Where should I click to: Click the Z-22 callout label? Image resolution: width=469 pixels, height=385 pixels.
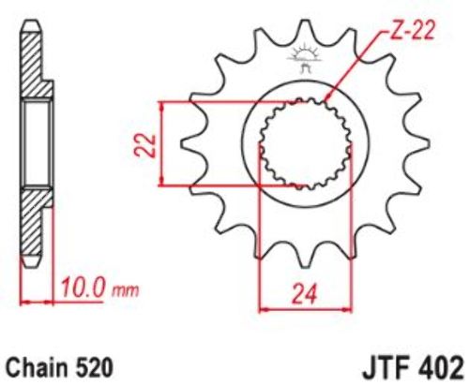click(x=411, y=31)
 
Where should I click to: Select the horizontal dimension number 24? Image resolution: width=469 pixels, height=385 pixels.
click(x=305, y=293)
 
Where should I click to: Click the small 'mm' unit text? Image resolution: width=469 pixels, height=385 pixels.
click(x=125, y=290)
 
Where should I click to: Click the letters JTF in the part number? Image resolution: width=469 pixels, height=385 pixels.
click(x=386, y=368)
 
